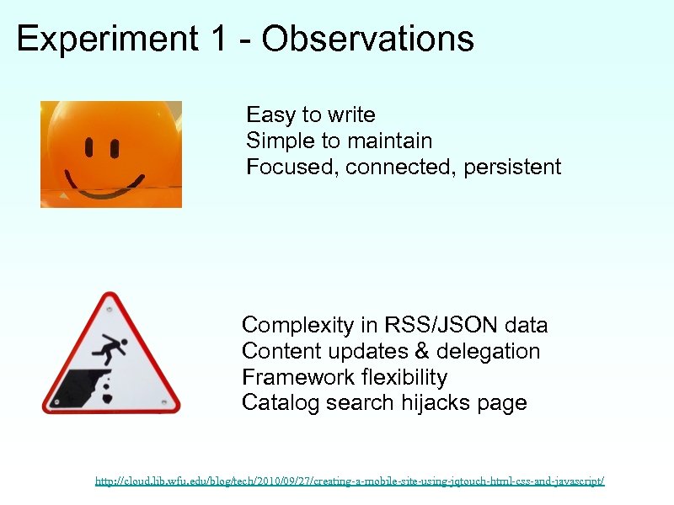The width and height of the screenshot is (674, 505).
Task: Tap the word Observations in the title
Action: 367,40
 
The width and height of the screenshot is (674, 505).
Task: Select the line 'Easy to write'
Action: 310,114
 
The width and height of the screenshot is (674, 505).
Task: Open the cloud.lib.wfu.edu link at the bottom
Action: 350,481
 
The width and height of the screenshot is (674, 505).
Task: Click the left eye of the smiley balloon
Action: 88,149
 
